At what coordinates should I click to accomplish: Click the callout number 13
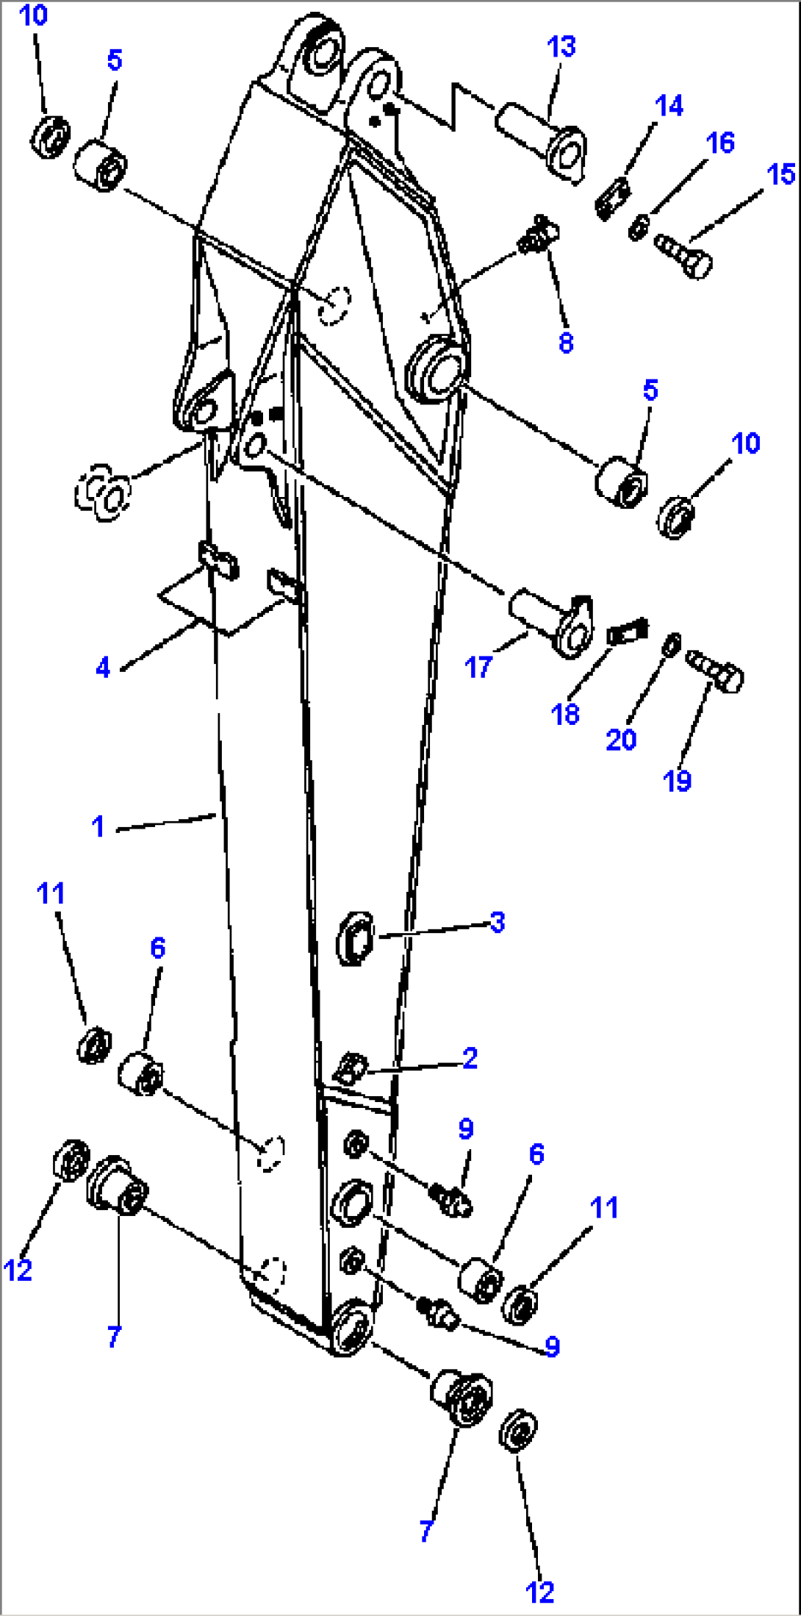[x=561, y=47]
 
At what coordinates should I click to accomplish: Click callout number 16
[x=719, y=143]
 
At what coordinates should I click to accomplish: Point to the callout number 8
[x=565, y=343]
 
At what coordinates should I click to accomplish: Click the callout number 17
[x=478, y=668]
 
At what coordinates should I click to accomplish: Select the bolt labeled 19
[x=716, y=669]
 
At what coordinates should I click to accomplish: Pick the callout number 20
[x=620, y=739]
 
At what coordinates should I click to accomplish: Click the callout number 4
[x=103, y=668]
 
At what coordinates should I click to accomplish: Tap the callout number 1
[x=98, y=826]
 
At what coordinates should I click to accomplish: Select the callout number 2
[x=470, y=1058]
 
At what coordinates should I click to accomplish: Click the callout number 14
[x=669, y=106]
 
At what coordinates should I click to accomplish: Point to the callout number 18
[x=564, y=714]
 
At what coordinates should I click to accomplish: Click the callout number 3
[x=498, y=922]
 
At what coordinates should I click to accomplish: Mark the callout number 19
[x=677, y=781]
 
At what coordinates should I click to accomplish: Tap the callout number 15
[x=780, y=174]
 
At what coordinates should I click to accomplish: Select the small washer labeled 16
[x=638, y=226]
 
